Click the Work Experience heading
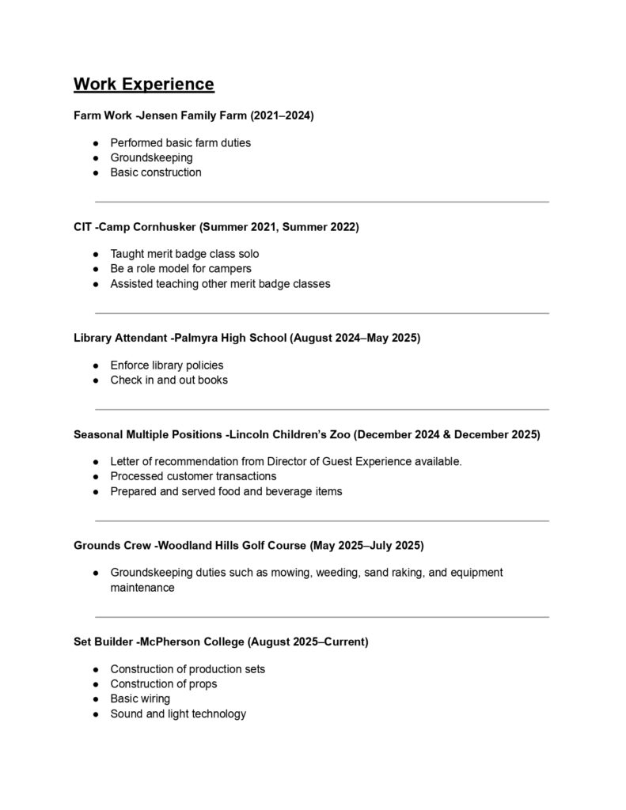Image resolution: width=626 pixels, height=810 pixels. tap(143, 84)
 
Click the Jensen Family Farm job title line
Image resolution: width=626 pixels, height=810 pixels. tap(194, 115)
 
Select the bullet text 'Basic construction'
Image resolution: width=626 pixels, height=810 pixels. tap(156, 172)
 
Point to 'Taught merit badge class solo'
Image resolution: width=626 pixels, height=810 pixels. tap(184, 254)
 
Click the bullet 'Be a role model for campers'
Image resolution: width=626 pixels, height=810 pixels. tap(180, 269)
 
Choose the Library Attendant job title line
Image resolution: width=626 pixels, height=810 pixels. tap(247, 338)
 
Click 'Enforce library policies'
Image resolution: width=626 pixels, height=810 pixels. tap(167, 365)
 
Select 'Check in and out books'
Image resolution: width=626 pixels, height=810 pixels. tap(169, 380)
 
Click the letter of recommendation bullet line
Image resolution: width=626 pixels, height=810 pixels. tap(286, 461)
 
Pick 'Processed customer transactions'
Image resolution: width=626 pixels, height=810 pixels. tap(193, 476)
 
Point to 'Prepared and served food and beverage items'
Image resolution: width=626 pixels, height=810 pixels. tap(226, 491)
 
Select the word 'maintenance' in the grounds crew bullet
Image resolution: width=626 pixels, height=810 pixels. tap(142, 588)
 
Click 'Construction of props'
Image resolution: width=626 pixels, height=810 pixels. tap(164, 683)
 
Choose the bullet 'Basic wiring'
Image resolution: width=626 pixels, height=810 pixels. tap(140, 698)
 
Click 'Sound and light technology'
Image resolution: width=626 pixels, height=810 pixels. tap(178, 713)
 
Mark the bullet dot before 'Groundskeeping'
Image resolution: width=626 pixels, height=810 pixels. tap(95, 158)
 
